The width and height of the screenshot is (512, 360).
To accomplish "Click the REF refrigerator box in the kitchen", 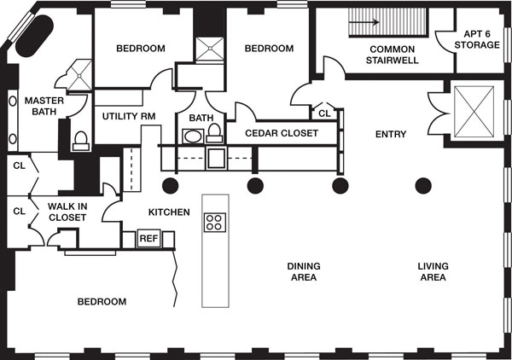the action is point(148,238).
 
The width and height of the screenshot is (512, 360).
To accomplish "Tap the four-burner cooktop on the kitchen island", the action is point(215,223).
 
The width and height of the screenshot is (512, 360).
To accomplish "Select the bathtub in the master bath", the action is point(35,36).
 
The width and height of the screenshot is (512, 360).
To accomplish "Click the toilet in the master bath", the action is point(81,141).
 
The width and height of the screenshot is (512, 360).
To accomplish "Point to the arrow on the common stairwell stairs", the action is point(364,22).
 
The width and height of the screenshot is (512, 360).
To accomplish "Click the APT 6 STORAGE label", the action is point(477,39).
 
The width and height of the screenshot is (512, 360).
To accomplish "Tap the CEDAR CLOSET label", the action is point(282,133).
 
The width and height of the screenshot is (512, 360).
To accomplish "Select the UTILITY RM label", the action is point(129,116).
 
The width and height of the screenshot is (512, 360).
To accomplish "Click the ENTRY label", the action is point(391,134).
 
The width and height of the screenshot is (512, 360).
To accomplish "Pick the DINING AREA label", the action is point(304,271).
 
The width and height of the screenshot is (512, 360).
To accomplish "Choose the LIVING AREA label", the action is point(433,271).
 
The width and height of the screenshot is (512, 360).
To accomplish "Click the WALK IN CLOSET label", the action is point(67,212).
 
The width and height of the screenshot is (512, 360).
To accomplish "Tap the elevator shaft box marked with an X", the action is point(474,112).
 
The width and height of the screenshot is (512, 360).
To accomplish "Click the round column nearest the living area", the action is point(423,186).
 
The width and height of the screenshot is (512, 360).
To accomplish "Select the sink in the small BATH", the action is point(193,136).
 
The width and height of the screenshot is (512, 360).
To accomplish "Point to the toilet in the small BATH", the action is point(214,133).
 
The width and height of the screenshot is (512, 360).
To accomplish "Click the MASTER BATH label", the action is point(44,106).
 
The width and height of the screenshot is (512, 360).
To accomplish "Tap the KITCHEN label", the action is point(169,212).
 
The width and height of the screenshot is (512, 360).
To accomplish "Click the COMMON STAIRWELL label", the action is point(392,55).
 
